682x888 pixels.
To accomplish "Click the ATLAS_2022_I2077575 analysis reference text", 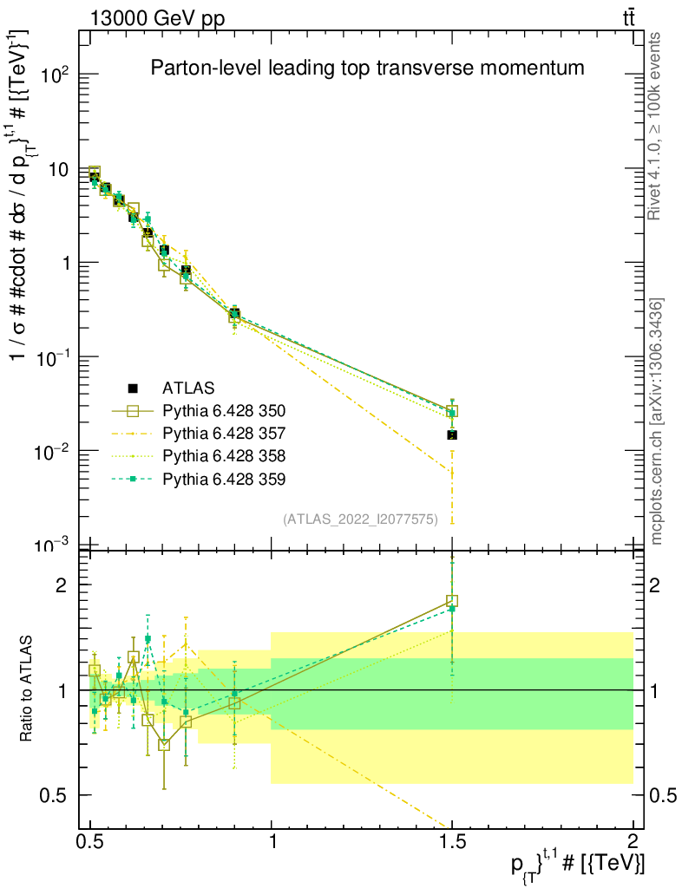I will (x=360, y=519).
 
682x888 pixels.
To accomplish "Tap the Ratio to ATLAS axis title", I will (x=28, y=689).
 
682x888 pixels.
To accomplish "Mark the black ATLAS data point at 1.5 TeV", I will (x=452, y=434).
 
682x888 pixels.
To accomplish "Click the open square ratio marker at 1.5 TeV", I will (x=452, y=600).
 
